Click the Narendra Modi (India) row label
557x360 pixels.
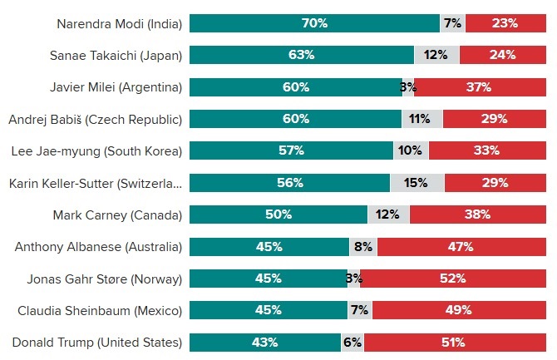[x=119, y=23]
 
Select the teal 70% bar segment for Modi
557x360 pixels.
[x=314, y=23]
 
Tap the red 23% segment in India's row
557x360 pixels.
[x=505, y=23]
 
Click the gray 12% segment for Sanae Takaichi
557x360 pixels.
[x=436, y=55]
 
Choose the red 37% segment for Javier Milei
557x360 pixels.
[x=481, y=86]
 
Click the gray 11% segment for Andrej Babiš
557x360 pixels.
[x=422, y=119]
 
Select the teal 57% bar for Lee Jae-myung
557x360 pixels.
[x=291, y=150]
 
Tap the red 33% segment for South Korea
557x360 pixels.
[x=487, y=150]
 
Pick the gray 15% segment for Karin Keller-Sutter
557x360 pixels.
[x=417, y=182]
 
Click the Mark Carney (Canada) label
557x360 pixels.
[x=117, y=215]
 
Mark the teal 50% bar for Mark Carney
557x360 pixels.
[x=278, y=215]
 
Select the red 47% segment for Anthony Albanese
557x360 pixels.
[x=461, y=246]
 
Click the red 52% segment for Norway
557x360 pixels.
[x=453, y=278]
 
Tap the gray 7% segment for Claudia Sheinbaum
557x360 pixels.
[x=360, y=310]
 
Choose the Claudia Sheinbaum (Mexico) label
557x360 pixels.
[x=100, y=310]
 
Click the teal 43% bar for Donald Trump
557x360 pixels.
[x=265, y=342]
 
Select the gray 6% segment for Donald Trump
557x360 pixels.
[x=352, y=342]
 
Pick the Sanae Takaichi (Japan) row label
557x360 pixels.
[x=116, y=55]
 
